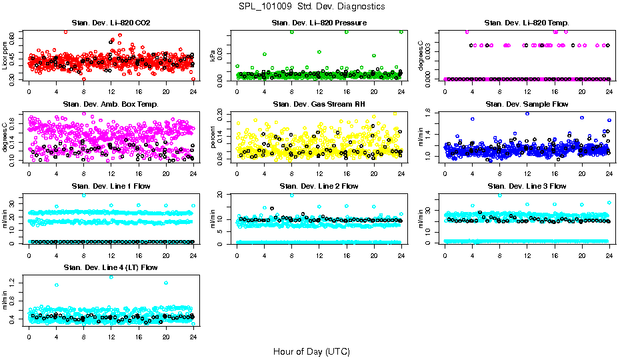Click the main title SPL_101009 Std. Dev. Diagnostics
point(311,7)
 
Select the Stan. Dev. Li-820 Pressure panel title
point(319,23)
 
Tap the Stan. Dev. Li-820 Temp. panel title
point(527,23)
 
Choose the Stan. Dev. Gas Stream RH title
point(319,105)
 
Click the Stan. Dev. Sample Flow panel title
point(527,105)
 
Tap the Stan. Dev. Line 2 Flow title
point(319,186)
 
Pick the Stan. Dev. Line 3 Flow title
point(527,186)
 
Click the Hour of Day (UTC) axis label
point(311,351)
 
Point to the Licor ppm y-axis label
point(5,55)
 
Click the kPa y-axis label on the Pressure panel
point(213,55)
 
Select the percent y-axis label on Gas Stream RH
point(213,137)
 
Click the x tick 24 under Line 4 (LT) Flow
point(193,337)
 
